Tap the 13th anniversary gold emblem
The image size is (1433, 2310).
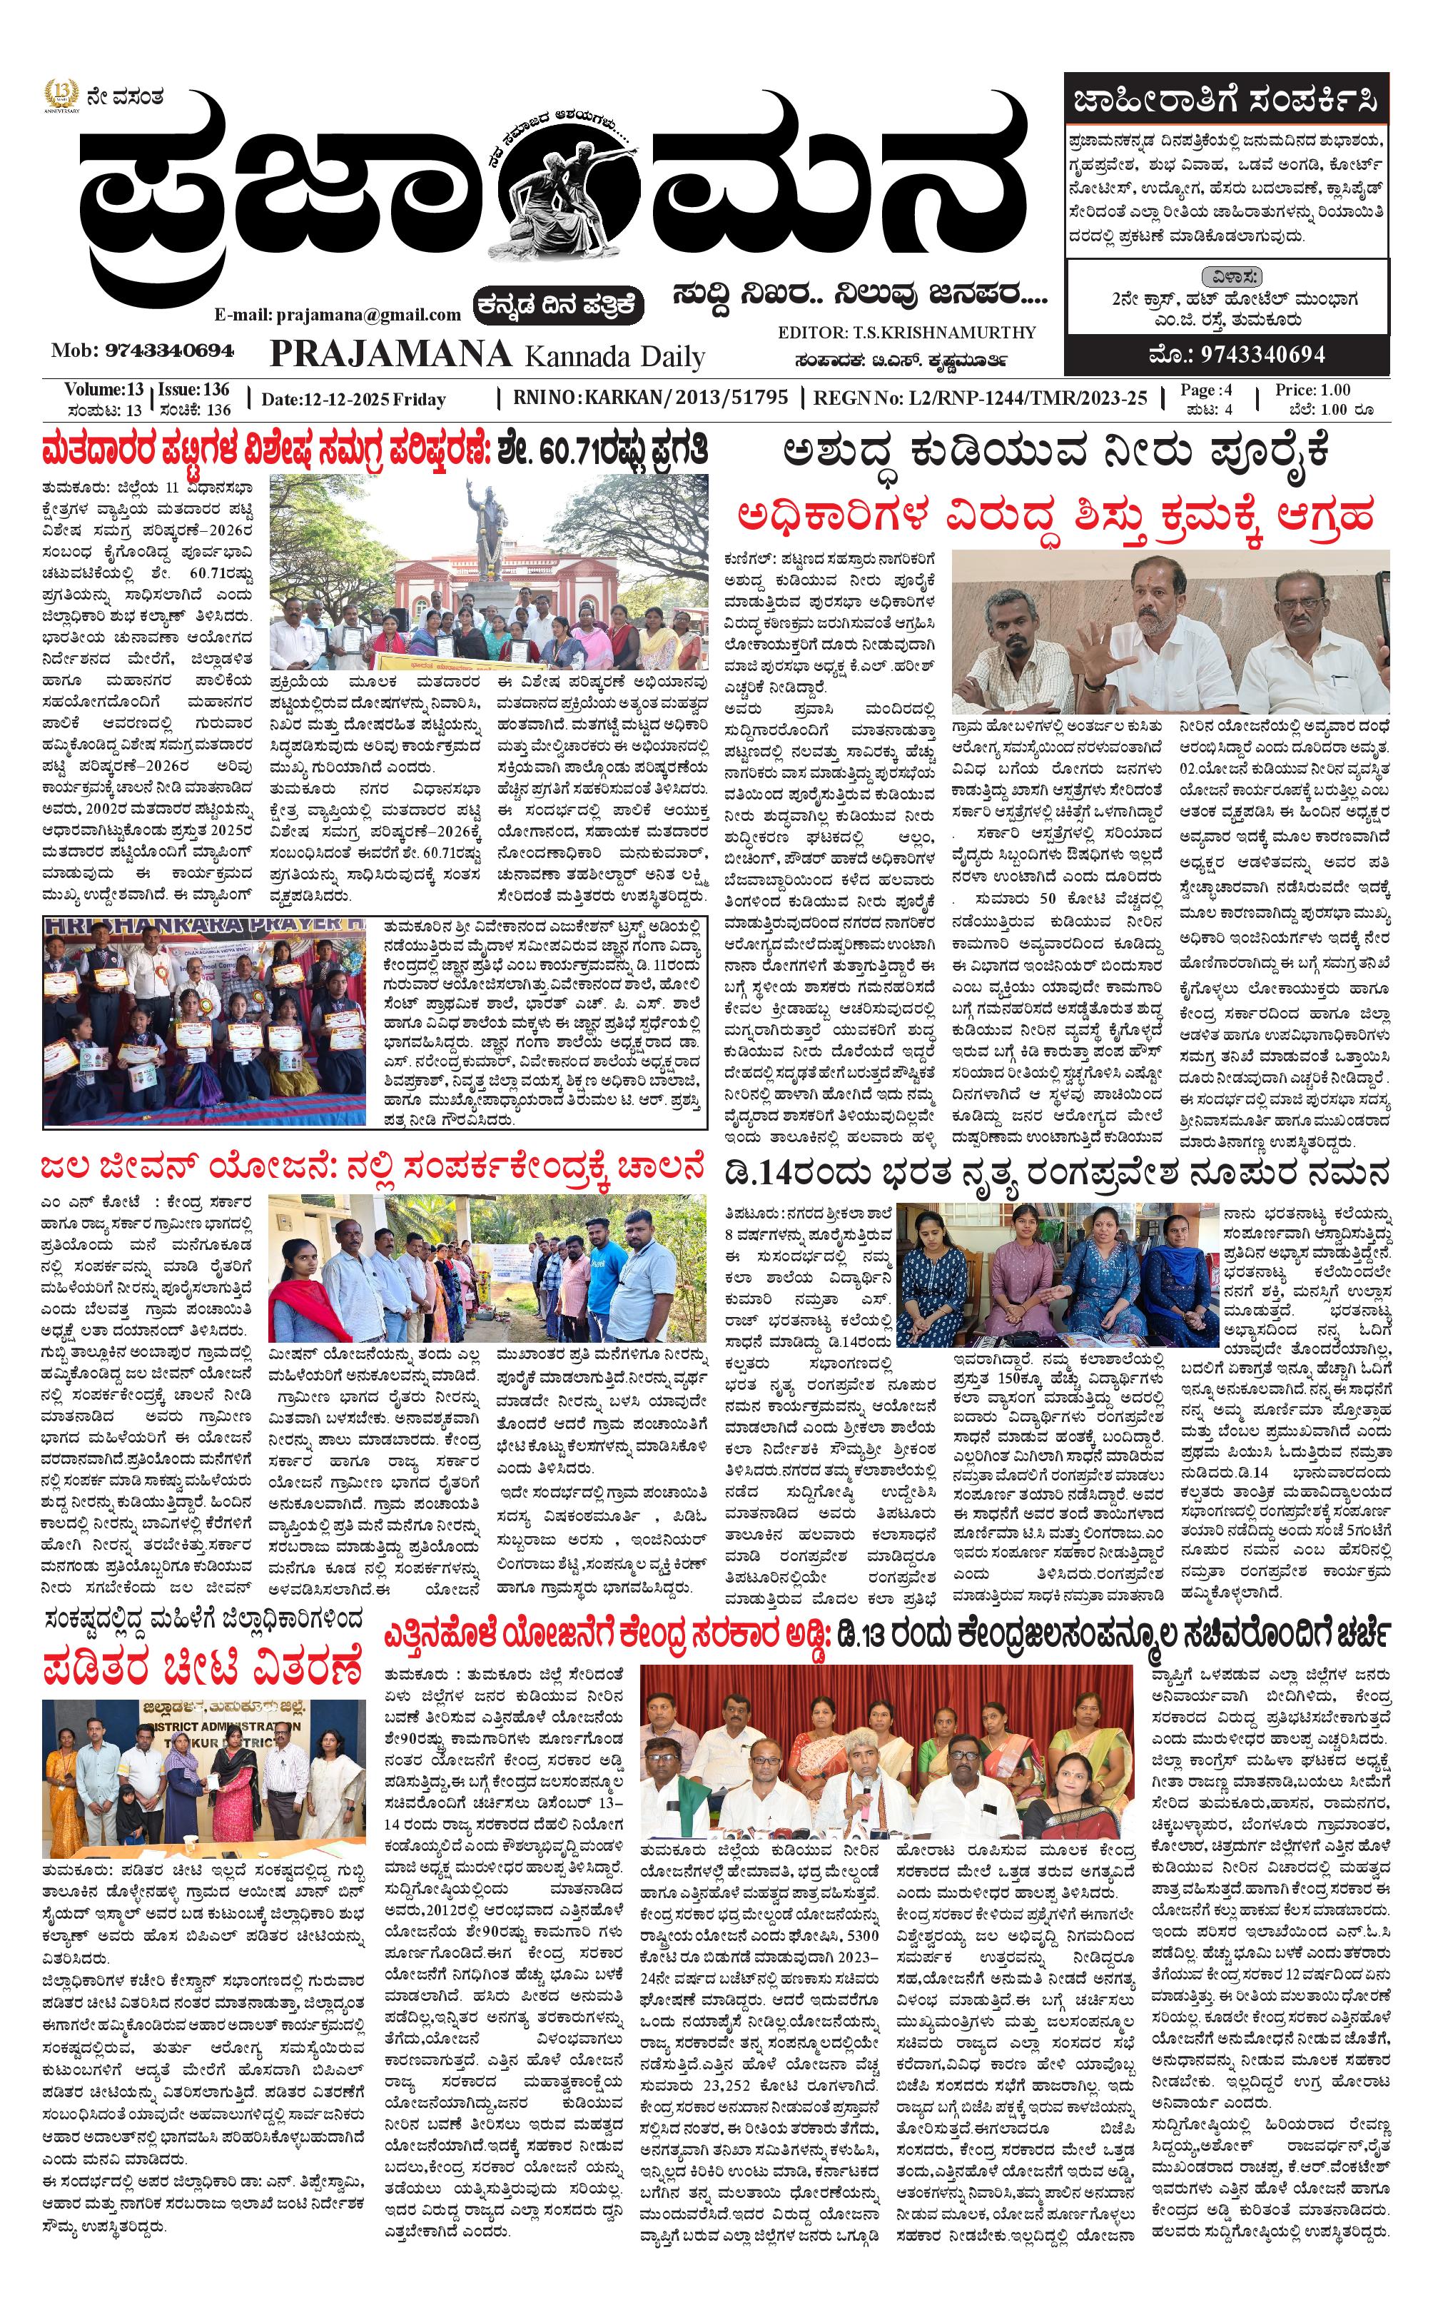click(61, 96)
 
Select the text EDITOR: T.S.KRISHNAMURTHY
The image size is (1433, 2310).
click(906, 333)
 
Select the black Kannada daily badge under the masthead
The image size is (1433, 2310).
click(559, 306)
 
